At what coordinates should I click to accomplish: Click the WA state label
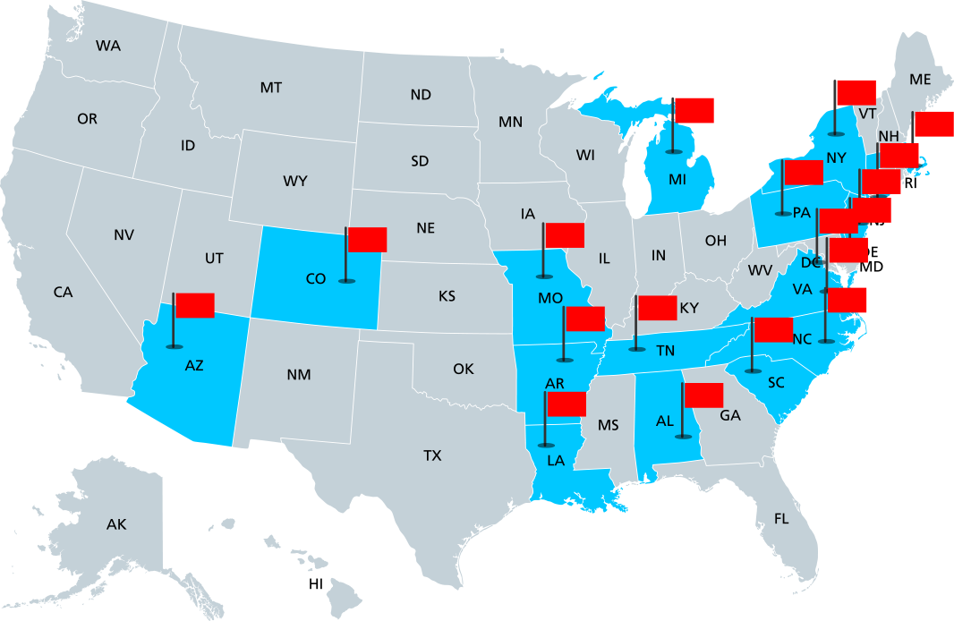point(108,46)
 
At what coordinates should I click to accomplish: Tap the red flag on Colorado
point(367,239)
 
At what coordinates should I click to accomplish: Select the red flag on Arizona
point(194,305)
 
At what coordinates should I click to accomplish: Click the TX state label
point(432,455)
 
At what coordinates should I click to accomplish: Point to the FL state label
point(781,518)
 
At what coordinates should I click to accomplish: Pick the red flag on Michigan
point(694,110)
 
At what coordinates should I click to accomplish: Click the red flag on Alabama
point(703,395)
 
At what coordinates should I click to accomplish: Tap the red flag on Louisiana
point(566,404)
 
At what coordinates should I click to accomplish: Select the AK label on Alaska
point(116,524)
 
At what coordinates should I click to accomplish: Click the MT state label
point(271,88)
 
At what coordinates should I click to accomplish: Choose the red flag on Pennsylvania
point(803,172)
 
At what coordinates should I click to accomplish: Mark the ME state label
point(920,80)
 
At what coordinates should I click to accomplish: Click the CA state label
point(63,292)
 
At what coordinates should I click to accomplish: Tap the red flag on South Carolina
point(773,329)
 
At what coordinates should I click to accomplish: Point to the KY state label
point(689,308)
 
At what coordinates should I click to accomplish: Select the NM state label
point(299,374)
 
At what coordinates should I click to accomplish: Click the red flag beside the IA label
point(564,235)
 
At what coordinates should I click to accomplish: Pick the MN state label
point(511,122)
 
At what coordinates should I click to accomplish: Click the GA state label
point(730,415)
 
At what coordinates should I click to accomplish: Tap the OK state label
point(463,369)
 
